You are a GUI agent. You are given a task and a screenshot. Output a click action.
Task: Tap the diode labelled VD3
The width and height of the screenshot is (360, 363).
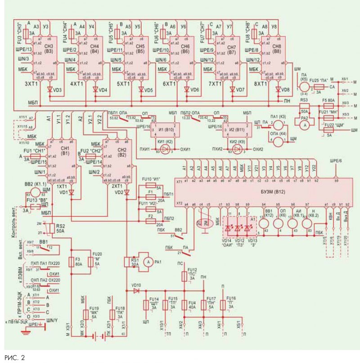(50, 89)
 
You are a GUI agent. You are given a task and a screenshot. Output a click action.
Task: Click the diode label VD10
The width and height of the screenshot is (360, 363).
(136, 286)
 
